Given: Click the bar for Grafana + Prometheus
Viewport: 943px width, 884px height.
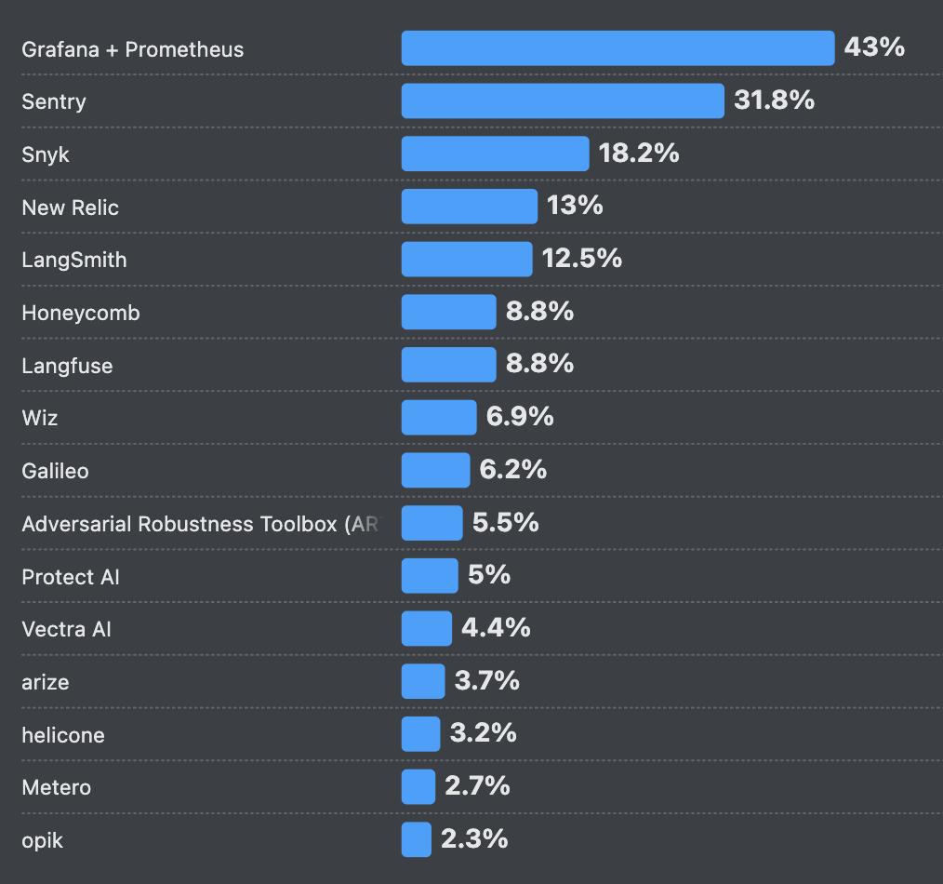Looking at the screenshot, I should click(x=618, y=48).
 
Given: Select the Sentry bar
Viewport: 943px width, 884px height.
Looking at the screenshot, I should click(x=563, y=100).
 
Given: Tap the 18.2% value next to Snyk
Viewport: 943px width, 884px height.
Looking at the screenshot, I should click(x=639, y=154).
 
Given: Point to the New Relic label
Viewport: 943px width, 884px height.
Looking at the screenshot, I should click(x=71, y=208).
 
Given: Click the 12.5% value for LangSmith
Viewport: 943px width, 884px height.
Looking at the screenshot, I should click(x=582, y=259).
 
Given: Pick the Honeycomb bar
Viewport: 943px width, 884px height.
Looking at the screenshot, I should click(x=448, y=312).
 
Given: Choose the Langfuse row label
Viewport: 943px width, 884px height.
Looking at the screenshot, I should click(x=67, y=366).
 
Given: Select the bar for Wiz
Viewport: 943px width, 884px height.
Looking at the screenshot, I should click(x=439, y=418).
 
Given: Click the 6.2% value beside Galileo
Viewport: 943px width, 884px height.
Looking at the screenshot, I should click(x=513, y=470).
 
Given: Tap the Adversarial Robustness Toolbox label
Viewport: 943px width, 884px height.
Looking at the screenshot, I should click(x=200, y=524).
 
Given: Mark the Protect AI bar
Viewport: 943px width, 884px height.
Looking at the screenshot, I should click(x=430, y=576).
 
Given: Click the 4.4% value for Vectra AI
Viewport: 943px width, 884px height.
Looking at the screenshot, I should click(x=496, y=628).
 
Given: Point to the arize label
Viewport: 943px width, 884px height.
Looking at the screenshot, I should click(x=46, y=682).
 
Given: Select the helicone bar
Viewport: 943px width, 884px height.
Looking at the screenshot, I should click(x=420, y=734).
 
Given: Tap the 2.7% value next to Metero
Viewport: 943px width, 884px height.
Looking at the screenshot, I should click(x=477, y=786).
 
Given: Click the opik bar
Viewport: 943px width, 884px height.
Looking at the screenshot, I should click(x=417, y=839).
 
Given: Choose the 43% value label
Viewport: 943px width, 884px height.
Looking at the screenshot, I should click(x=874, y=47).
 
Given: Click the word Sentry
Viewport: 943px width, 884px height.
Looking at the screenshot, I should click(x=54, y=101).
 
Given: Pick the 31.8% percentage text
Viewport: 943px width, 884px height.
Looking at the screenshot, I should click(x=774, y=100).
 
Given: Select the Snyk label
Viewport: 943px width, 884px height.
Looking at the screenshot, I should click(x=46, y=154).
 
